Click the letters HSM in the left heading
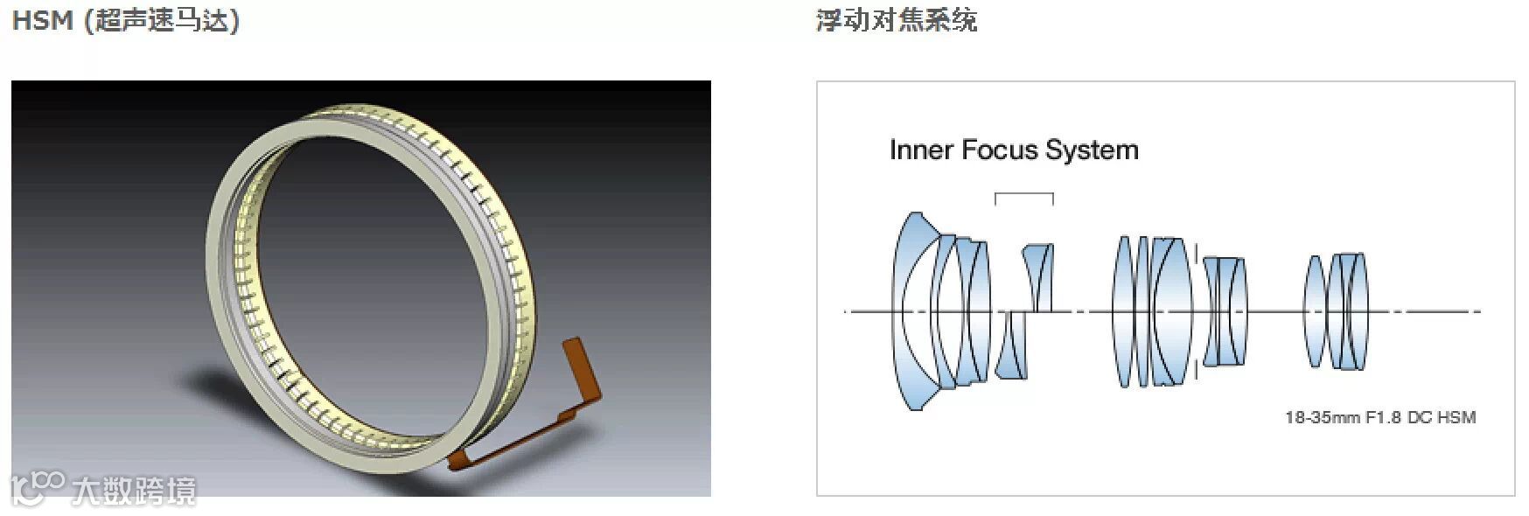tap(42, 20)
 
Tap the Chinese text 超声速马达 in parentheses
tap(162, 20)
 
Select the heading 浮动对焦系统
tap(896, 19)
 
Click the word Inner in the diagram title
tap(921, 150)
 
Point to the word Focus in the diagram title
tap(999, 150)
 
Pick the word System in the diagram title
tap(1093, 150)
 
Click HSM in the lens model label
tap(1457, 417)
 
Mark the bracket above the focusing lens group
tap(1024, 196)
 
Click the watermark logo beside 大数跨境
tap(37, 488)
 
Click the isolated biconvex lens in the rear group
tap(1315, 310)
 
